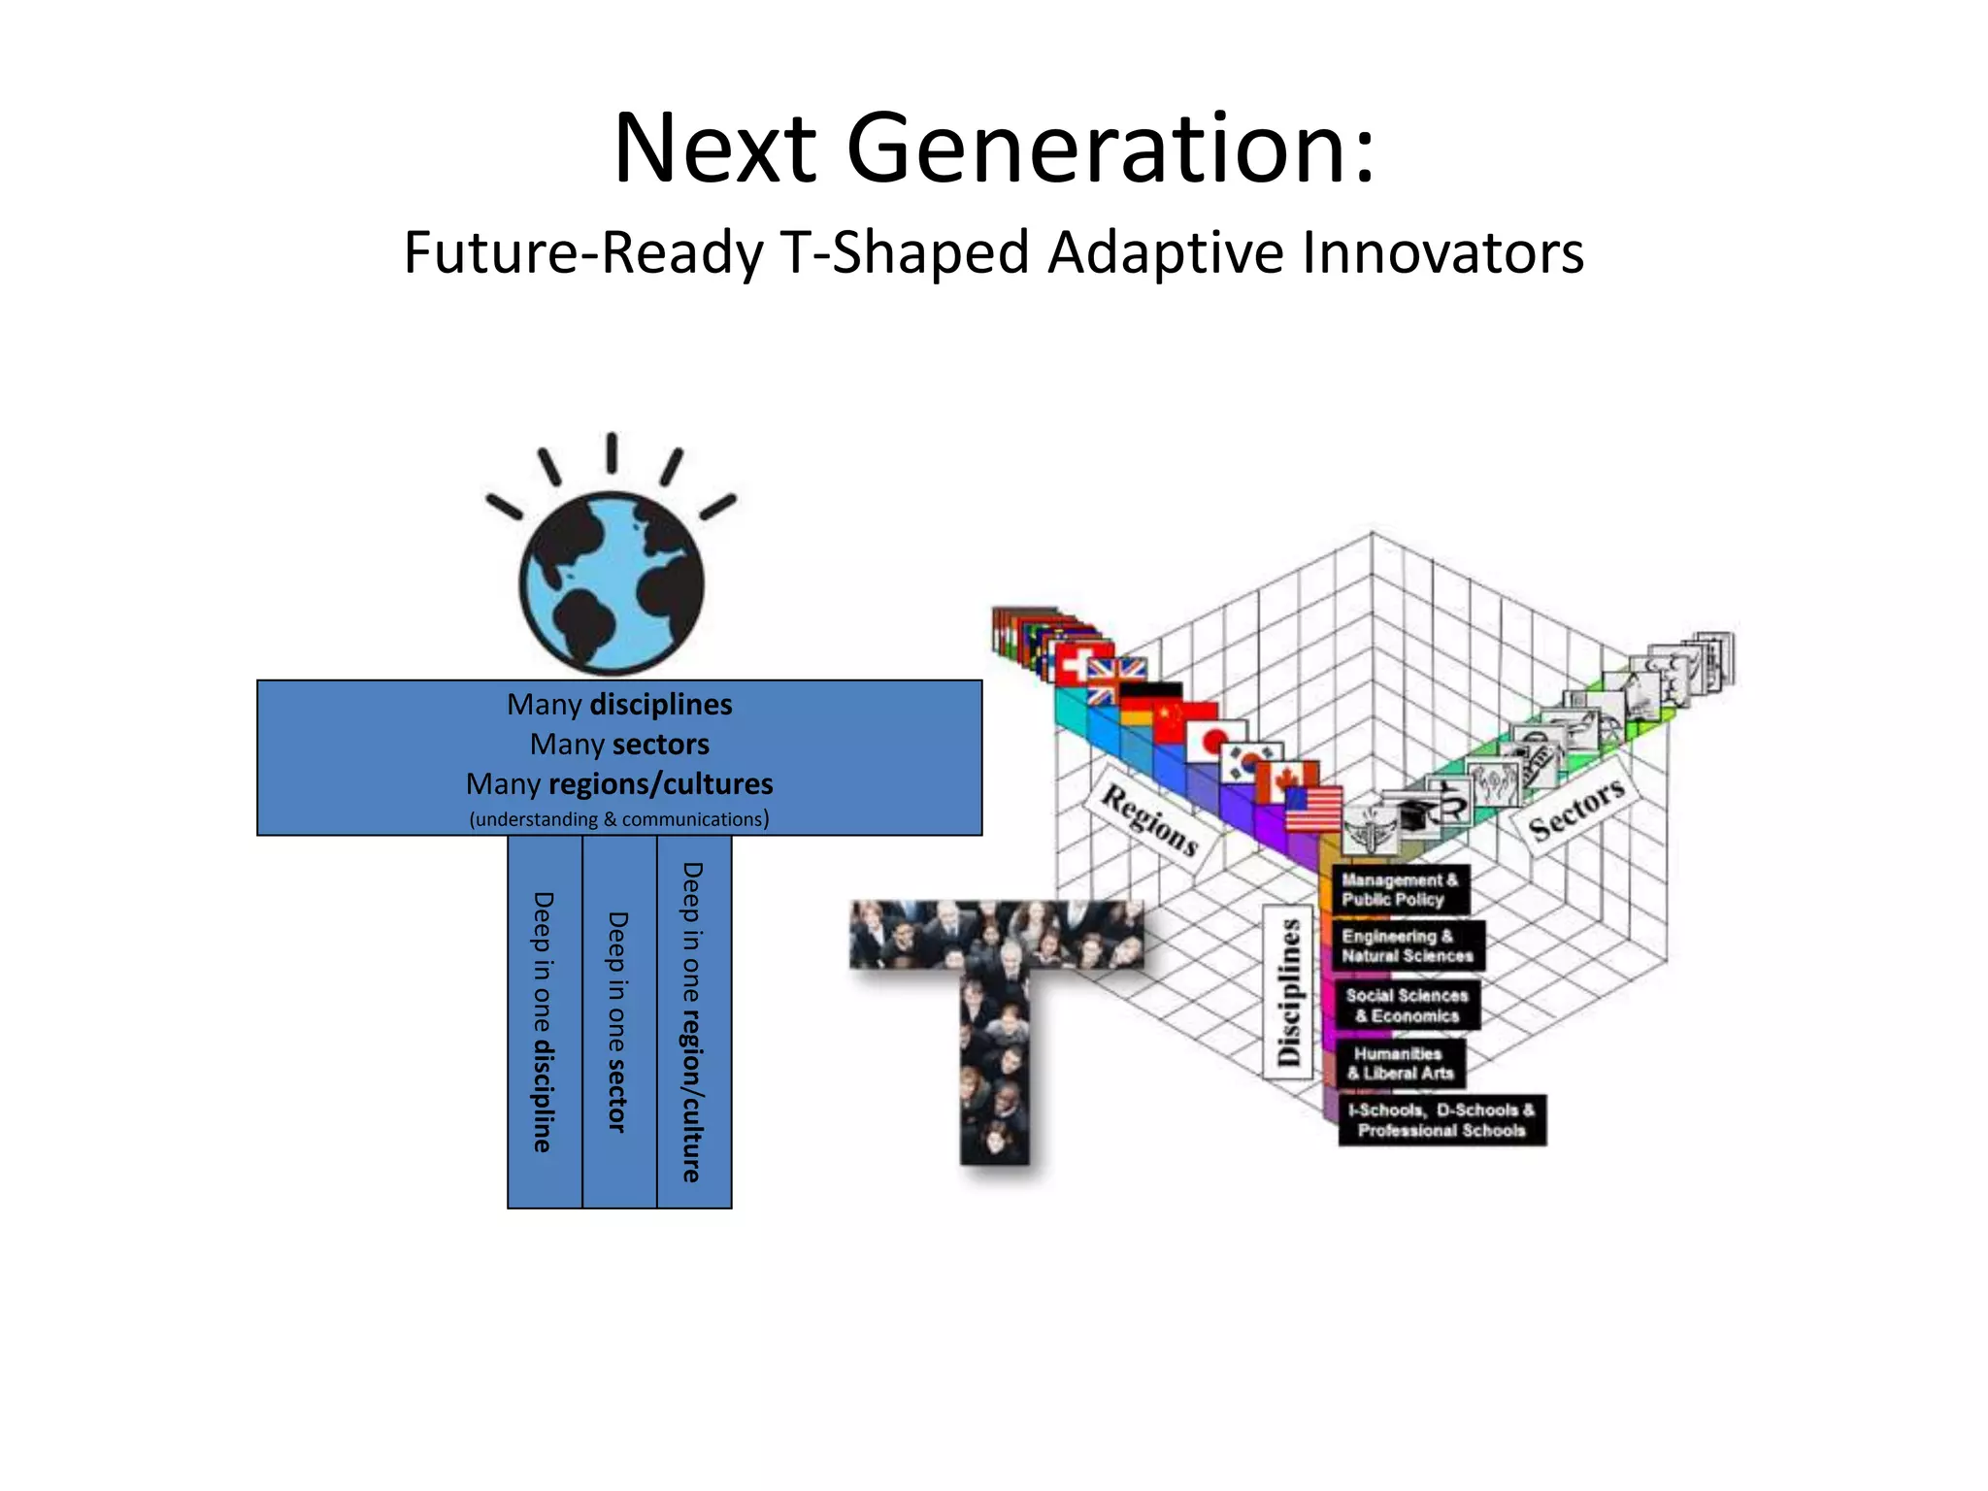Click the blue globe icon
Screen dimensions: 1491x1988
(x=612, y=582)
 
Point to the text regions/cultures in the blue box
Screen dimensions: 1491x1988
(x=660, y=783)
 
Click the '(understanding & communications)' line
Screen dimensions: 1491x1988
(x=619, y=819)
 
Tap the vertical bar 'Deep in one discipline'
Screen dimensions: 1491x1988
(x=545, y=1022)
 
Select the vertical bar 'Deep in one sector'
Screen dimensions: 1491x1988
(x=619, y=1022)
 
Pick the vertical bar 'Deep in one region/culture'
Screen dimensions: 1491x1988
(x=694, y=1022)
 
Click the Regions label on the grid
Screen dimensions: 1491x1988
(x=1149, y=820)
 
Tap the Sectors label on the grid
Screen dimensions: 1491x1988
(x=1575, y=809)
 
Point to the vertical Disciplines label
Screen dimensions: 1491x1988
(x=1289, y=992)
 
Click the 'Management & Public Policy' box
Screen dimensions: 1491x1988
(x=1399, y=889)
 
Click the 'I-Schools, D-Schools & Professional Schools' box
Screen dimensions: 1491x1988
(x=1441, y=1119)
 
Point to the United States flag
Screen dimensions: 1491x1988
(x=1313, y=809)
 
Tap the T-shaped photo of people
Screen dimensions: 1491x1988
(x=995, y=1019)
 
